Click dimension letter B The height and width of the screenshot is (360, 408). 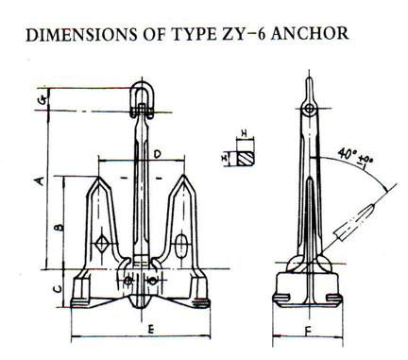click(58, 228)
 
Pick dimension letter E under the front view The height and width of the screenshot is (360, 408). click(151, 331)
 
